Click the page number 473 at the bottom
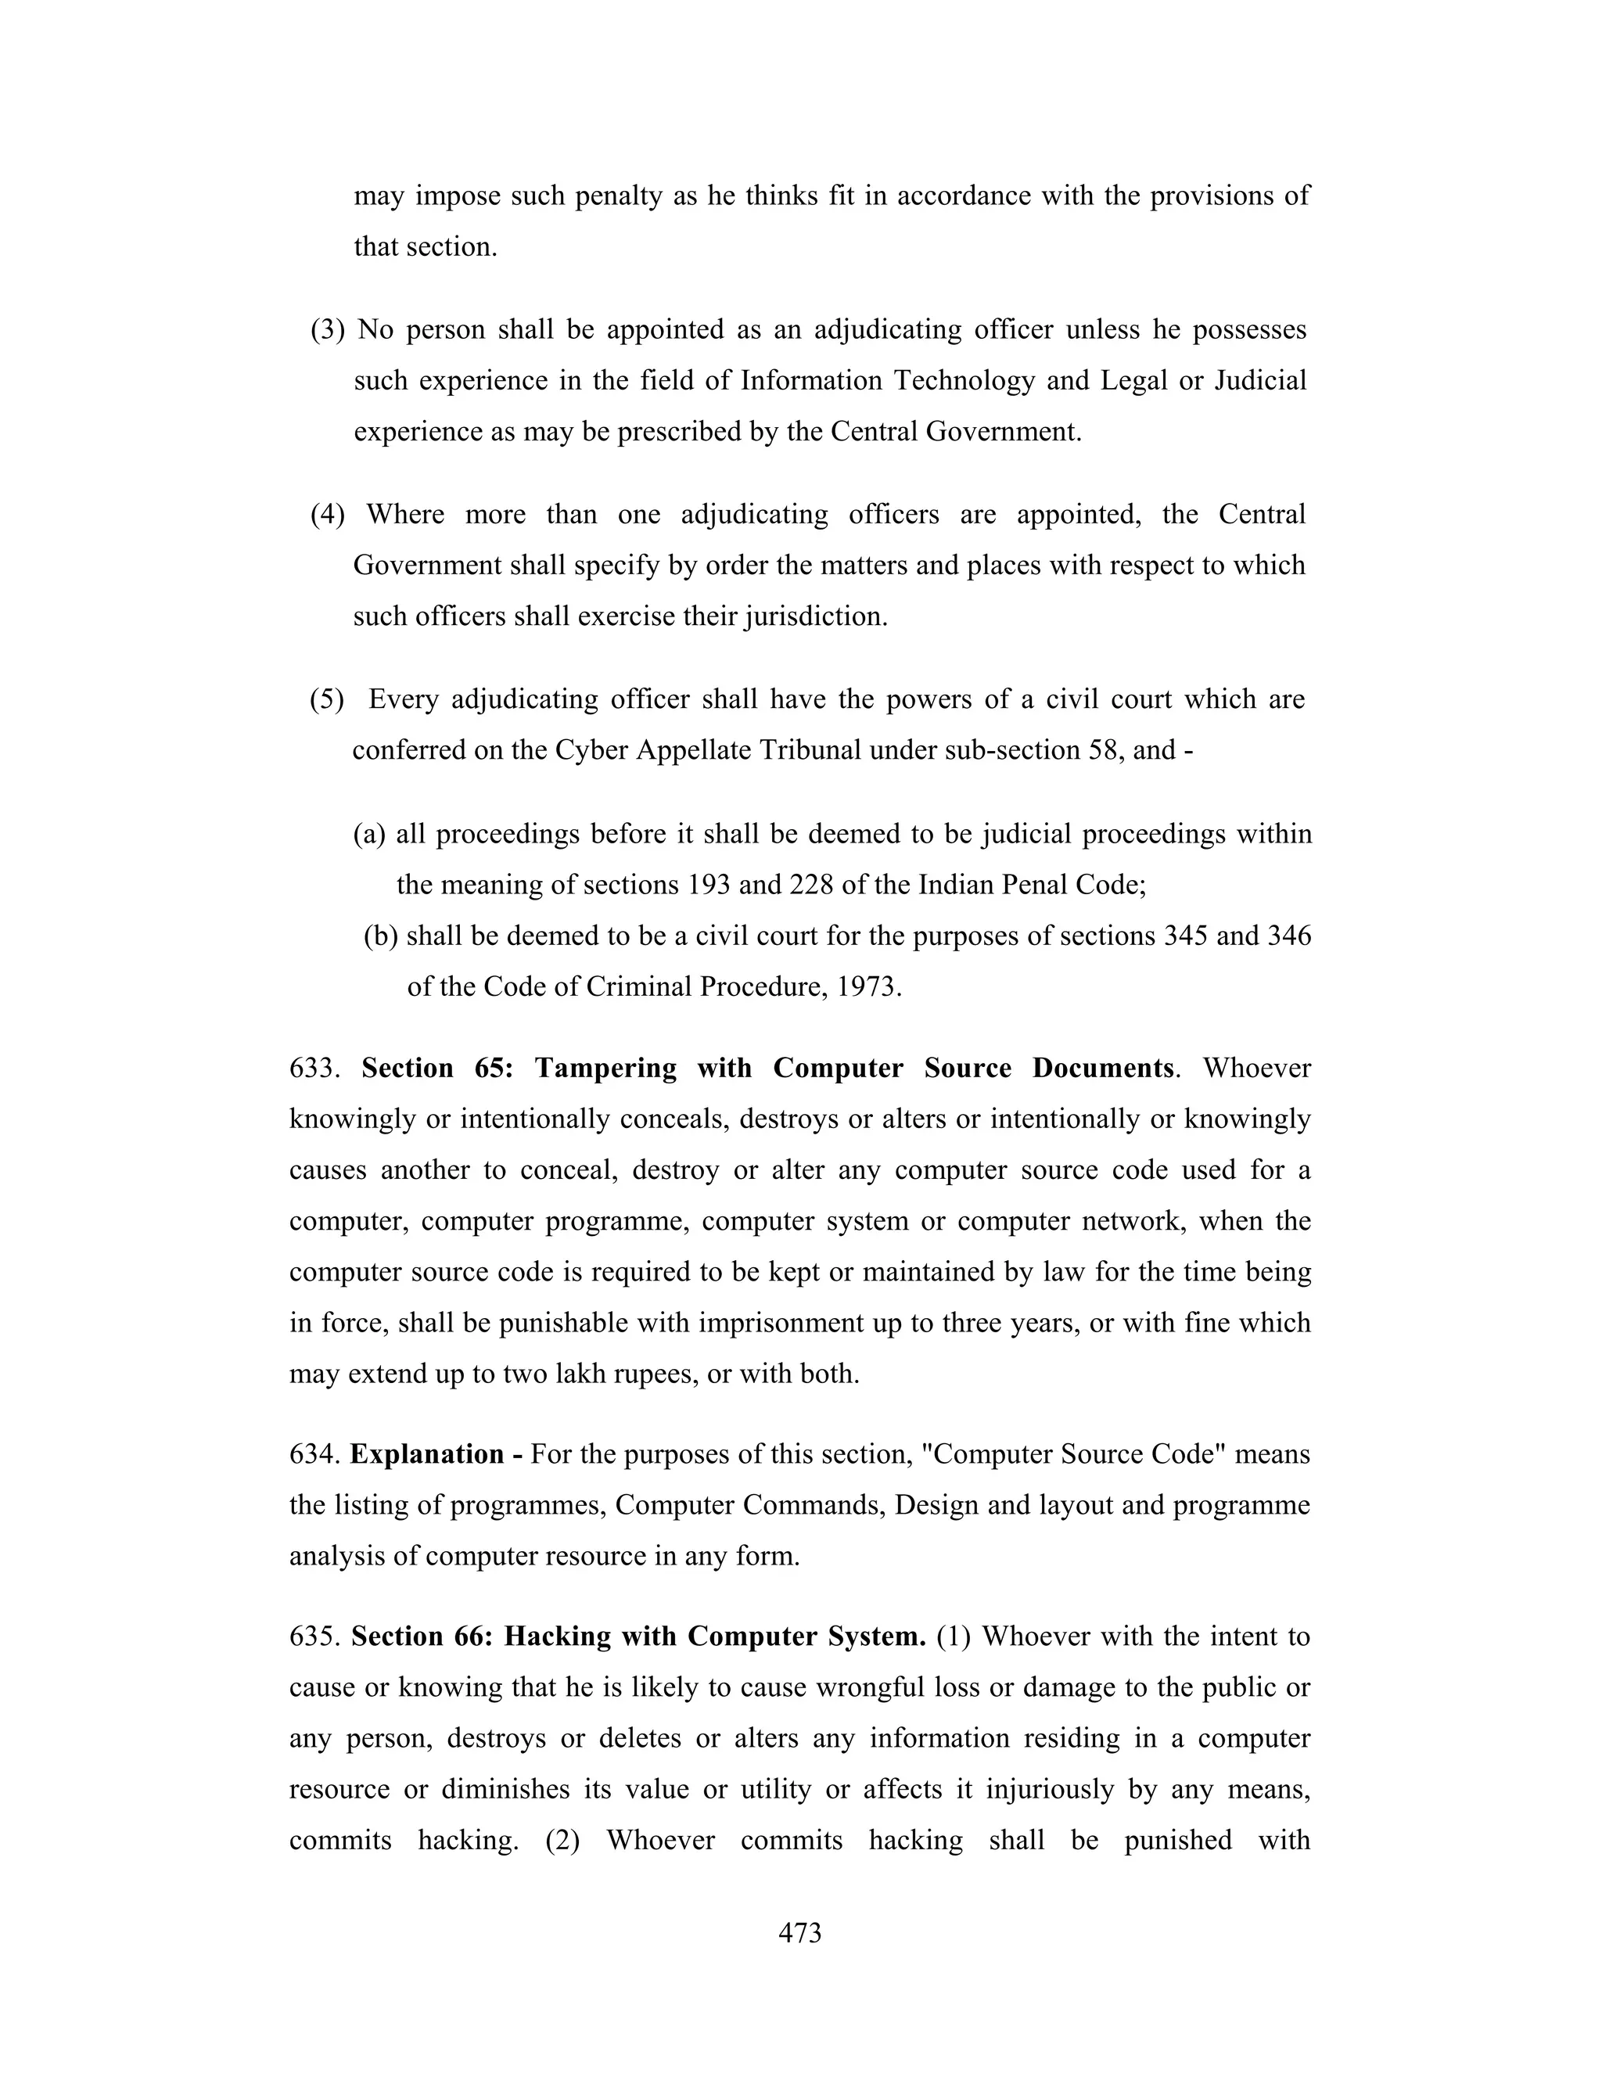coord(799,1932)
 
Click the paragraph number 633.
coord(314,1068)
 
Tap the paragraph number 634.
coord(314,1454)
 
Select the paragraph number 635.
coord(314,1636)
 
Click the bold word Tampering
coord(605,1068)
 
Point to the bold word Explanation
coord(427,1454)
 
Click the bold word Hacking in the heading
coord(557,1636)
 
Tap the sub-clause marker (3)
coord(328,329)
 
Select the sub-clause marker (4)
coord(328,515)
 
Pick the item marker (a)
coord(370,835)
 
